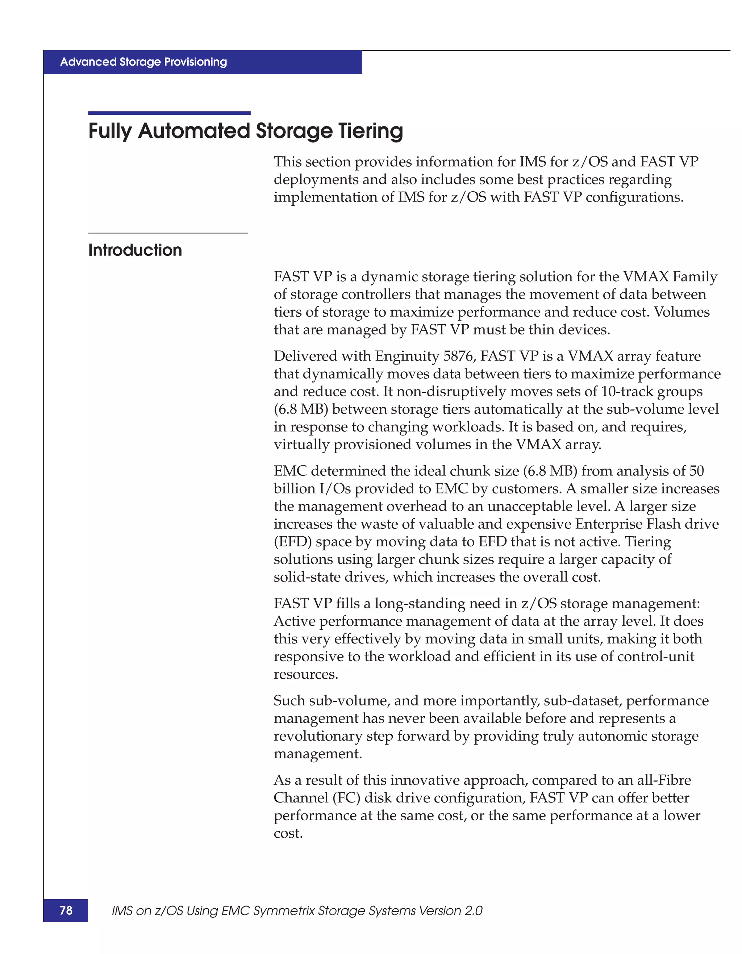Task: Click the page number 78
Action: coord(66,910)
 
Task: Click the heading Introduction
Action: coord(135,250)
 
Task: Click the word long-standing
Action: coord(419,603)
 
